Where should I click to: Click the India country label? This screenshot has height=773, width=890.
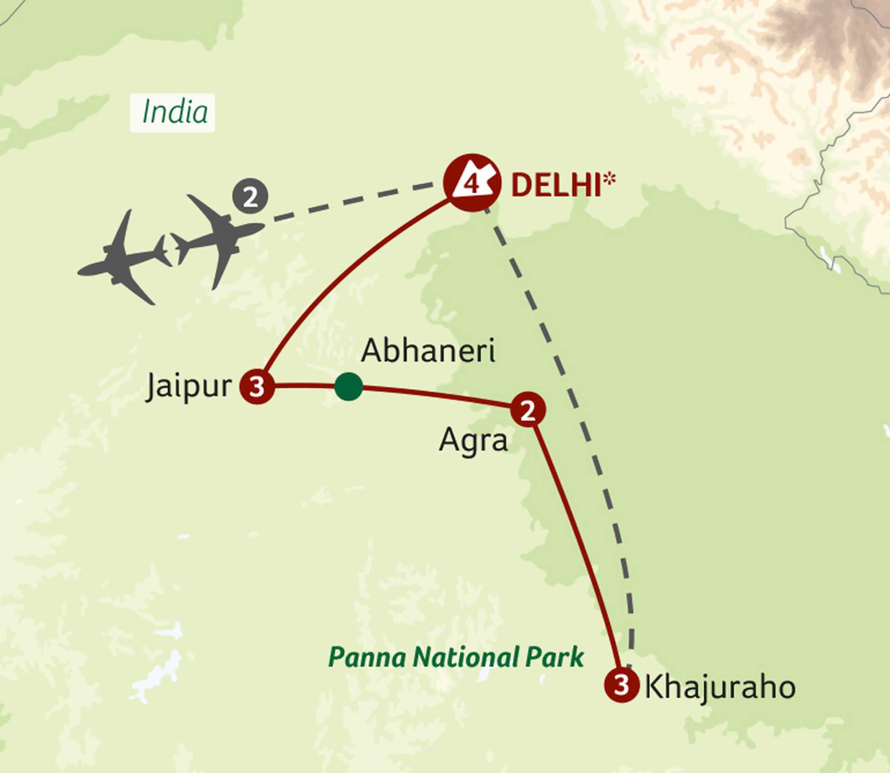coord(174,113)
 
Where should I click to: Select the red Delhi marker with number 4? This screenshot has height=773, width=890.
coord(472,183)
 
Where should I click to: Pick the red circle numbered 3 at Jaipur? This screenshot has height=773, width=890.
coord(257,386)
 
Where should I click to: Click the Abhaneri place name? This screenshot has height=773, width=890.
coord(428,351)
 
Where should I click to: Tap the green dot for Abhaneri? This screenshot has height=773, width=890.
coord(349,386)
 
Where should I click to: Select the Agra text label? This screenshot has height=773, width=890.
coord(473,440)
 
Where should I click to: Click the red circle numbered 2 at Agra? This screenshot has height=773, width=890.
coord(528,409)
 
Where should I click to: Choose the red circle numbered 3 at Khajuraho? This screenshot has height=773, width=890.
coord(622,684)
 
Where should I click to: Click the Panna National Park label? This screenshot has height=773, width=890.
coord(456,658)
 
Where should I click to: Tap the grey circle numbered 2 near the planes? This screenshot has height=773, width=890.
coord(250,197)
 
